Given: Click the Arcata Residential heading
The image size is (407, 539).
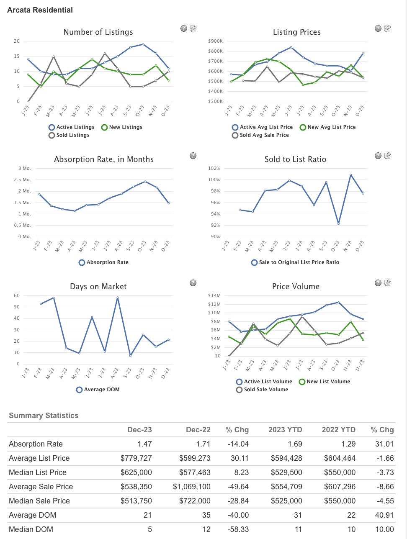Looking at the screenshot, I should click(40, 10).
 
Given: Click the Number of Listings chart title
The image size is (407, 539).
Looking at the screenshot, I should click(98, 32).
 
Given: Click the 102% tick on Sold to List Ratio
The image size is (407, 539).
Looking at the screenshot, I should click(214, 168).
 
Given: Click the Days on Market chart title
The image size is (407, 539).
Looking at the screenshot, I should click(98, 287).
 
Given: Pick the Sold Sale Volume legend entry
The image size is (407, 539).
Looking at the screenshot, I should click(262, 390).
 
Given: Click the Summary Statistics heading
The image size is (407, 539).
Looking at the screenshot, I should click(44, 416).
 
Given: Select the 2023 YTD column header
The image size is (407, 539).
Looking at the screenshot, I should click(285, 430).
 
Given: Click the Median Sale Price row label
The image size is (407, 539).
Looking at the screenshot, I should click(39, 501).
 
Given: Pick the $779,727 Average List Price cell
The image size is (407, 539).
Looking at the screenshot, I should click(136, 458).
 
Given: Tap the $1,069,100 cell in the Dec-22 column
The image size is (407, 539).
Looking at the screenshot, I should click(191, 487).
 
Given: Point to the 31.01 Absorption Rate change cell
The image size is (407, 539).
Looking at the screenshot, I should click(384, 444).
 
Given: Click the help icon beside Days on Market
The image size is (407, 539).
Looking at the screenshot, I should click(193, 283).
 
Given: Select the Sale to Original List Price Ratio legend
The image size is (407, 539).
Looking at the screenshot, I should click(295, 262).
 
